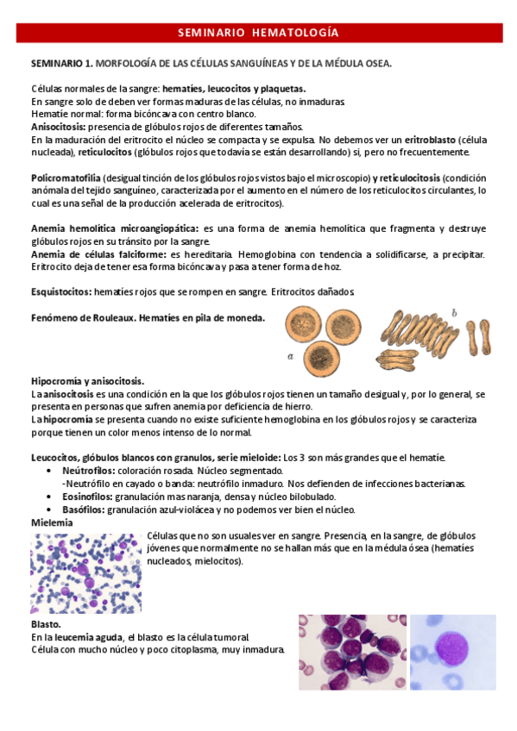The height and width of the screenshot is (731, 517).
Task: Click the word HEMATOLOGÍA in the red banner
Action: (296, 34)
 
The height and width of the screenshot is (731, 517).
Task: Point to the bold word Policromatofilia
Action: (68, 178)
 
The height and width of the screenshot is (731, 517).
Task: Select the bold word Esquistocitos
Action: (60, 292)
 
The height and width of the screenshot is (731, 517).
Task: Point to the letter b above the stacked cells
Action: (455, 311)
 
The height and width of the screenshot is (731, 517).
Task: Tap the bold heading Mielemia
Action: (53, 522)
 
